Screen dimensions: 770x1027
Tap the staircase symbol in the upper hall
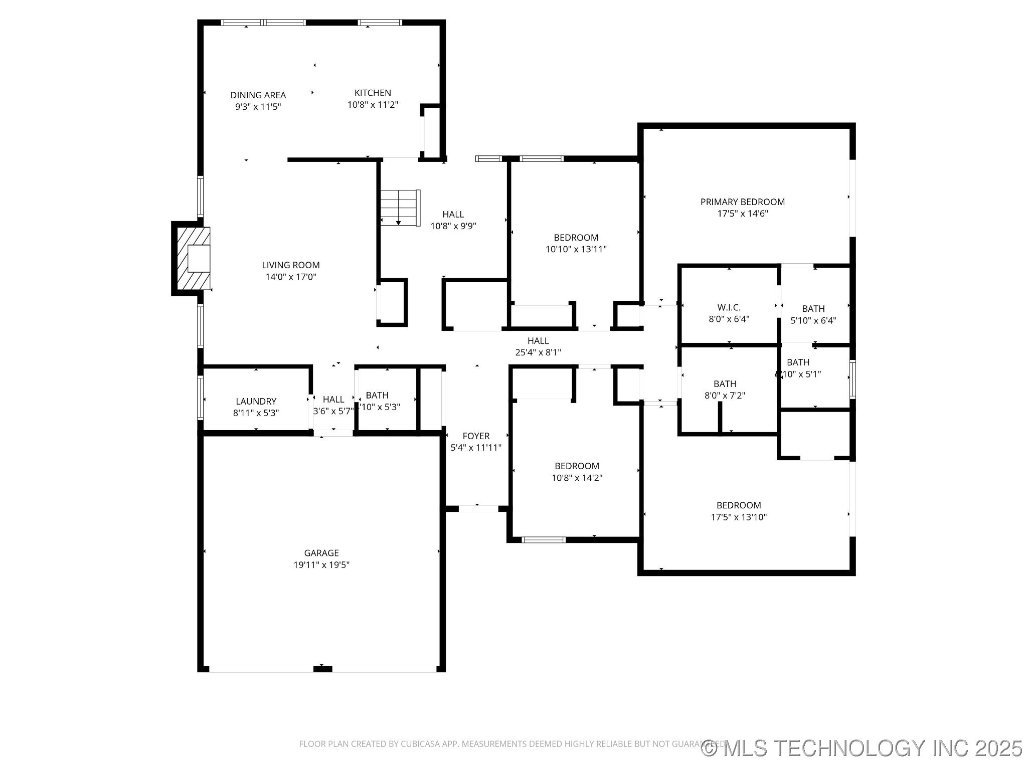coord(399,208)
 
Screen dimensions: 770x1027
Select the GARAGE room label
coord(321,553)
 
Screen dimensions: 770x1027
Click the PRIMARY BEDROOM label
coord(742,202)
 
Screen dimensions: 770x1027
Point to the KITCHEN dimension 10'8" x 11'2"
coord(373,105)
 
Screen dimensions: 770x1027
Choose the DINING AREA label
coord(258,95)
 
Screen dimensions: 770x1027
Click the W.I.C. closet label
coord(729,307)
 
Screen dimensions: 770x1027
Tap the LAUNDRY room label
coord(256,401)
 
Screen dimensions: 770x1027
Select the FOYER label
coord(476,436)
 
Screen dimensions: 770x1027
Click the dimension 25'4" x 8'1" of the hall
coord(538,352)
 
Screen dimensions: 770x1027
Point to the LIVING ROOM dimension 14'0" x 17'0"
coord(290,277)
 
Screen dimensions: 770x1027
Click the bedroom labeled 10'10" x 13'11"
coord(576,243)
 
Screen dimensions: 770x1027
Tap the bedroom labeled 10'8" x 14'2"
coord(577,472)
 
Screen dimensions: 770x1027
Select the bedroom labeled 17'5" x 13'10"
coord(739,511)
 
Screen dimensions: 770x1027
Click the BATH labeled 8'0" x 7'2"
coord(725,390)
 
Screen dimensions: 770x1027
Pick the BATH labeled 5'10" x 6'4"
coord(813,315)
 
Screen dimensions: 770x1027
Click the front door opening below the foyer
coord(478,508)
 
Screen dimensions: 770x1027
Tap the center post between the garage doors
coord(322,669)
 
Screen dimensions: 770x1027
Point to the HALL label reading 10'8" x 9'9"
coord(453,220)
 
